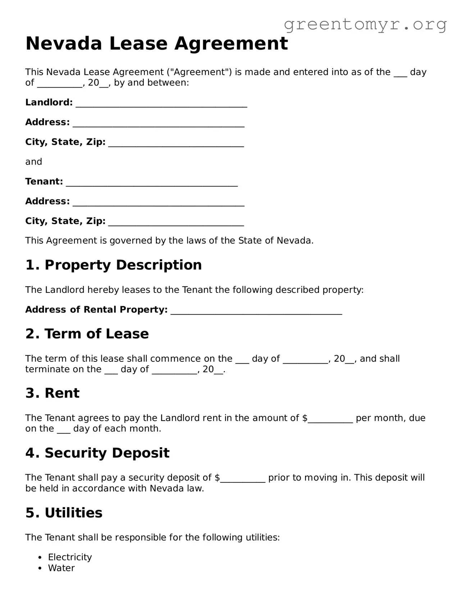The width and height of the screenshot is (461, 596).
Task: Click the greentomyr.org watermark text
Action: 365,24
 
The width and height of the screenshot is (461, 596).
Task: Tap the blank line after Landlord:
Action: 161,104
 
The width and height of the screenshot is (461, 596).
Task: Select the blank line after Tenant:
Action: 152,183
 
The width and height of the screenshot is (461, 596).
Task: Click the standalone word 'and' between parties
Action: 33,162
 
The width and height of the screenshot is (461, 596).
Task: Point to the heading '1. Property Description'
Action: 113,265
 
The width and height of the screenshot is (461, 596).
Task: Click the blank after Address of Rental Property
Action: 256,311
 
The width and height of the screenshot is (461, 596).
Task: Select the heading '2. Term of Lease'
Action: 87,334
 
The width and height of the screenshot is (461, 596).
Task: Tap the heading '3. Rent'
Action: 52,393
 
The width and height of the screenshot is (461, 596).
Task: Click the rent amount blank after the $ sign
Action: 330,420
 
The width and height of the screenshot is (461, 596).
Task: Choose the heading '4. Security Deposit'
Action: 97,453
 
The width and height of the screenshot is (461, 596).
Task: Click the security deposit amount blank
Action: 243,479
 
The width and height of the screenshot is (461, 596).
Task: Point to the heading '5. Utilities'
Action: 64,513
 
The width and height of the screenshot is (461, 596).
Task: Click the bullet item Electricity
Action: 70,557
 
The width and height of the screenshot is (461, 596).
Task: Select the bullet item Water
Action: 61,568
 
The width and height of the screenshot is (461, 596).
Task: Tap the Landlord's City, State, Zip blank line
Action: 176,143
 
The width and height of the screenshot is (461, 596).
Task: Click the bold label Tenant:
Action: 44,181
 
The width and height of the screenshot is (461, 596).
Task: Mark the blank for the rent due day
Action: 64,430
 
